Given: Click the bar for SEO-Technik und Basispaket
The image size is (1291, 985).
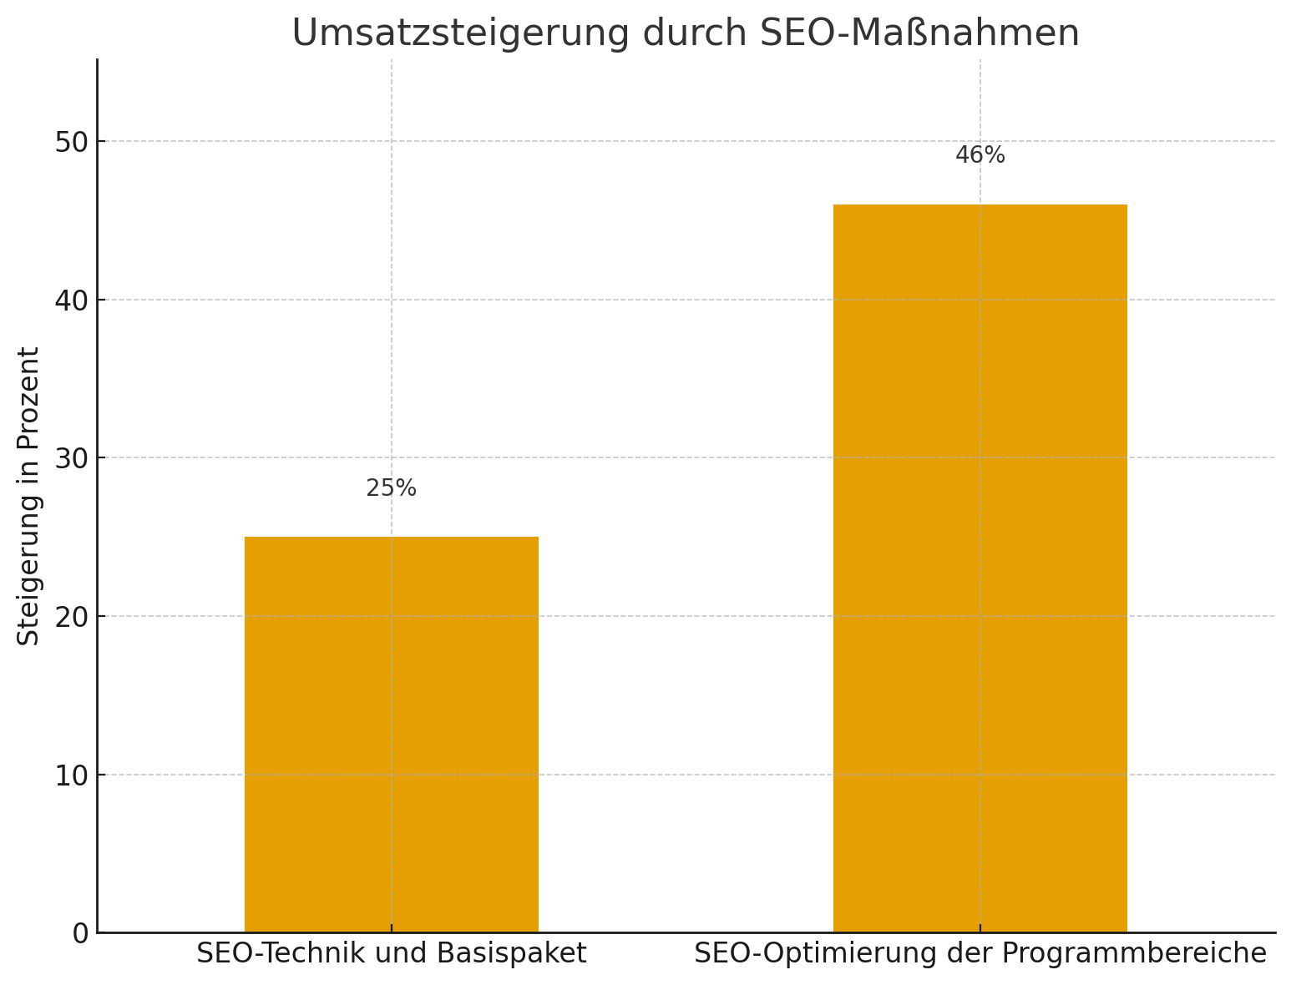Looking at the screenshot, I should click(x=391, y=735).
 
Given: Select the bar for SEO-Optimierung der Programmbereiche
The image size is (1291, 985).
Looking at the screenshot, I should click(x=980, y=568).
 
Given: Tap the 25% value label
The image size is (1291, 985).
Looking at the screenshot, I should click(x=391, y=489).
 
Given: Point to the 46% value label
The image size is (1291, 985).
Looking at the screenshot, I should click(x=980, y=156).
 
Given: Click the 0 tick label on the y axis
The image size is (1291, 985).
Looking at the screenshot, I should click(x=80, y=933).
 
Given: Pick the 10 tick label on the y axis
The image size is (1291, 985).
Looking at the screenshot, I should click(x=72, y=775).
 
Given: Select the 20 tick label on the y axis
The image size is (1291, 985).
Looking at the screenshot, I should click(x=72, y=617).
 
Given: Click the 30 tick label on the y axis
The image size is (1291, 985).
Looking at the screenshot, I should click(x=72, y=458).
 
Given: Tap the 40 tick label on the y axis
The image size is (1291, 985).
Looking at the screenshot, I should click(x=72, y=300).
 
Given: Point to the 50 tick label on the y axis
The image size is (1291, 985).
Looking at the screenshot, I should click(x=72, y=142).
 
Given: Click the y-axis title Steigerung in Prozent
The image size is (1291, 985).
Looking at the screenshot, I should click(x=29, y=496).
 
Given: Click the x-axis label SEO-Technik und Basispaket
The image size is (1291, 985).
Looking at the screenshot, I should click(x=391, y=954).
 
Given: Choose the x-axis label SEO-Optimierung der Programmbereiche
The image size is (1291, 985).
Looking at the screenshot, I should click(x=980, y=954).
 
